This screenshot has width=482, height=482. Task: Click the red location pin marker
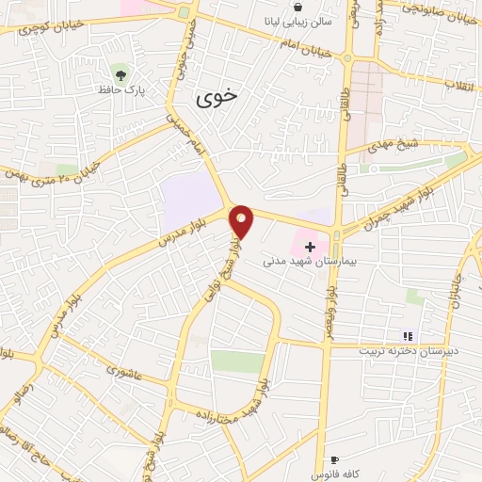[x=242, y=222]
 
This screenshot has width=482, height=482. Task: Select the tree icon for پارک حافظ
[x=120, y=72]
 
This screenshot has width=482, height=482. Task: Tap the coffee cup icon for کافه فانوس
[x=333, y=459]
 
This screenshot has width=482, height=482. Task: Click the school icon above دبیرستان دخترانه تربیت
[x=408, y=335]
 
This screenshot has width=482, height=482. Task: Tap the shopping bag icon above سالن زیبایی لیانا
[x=297, y=7]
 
